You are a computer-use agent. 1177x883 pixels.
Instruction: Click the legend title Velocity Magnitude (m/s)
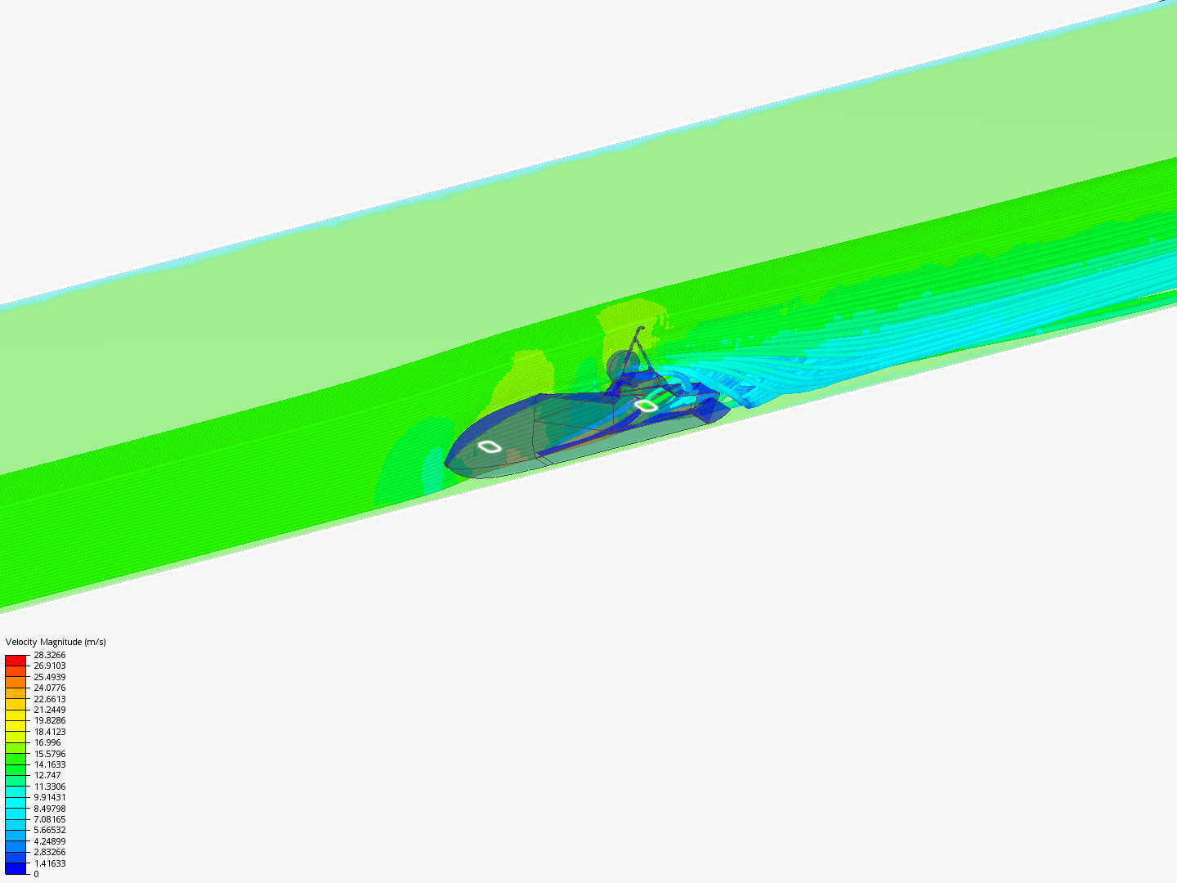(56, 642)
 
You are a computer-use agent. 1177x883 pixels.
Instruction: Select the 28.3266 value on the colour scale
(49, 655)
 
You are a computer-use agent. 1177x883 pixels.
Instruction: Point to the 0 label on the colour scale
(37, 874)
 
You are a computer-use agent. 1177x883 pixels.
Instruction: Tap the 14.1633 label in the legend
(49, 764)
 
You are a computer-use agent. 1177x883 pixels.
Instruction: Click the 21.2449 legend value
(49, 710)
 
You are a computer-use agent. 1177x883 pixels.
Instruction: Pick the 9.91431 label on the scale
(49, 797)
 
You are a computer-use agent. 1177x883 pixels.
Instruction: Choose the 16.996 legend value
(47, 742)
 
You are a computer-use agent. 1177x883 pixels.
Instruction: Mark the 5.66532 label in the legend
(49, 830)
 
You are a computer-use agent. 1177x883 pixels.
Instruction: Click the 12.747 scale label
(47, 775)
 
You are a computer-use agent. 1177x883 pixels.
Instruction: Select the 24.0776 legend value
(49, 688)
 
